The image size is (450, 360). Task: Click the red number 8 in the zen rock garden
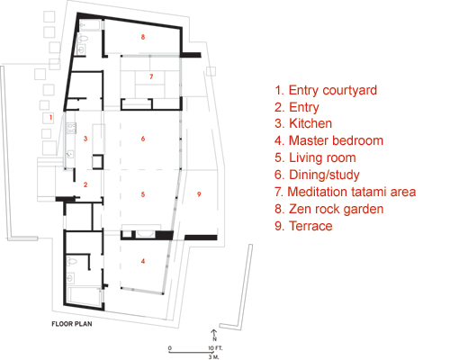click(143, 37)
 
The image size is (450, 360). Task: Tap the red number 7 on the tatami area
click(151, 76)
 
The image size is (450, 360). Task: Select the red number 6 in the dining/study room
click(143, 139)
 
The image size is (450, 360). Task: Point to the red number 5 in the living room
click(143, 194)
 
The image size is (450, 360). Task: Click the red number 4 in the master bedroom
click(143, 261)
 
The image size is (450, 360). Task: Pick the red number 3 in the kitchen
click(85, 139)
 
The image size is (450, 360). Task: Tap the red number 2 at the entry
click(85, 184)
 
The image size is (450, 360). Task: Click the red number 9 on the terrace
click(199, 194)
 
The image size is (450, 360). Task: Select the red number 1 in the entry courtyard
click(50, 117)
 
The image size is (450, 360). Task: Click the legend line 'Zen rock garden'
click(329, 209)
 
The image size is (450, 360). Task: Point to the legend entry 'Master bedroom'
click(328, 140)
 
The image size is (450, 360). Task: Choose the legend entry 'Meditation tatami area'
click(346, 192)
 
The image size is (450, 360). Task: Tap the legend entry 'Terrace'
click(303, 226)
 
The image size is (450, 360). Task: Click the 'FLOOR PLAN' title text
click(72, 324)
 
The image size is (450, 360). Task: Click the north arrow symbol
click(214, 334)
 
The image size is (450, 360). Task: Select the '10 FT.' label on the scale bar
click(216, 348)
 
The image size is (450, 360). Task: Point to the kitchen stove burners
click(72, 128)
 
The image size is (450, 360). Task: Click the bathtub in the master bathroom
click(85, 297)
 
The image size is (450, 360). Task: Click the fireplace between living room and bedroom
click(145, 234)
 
